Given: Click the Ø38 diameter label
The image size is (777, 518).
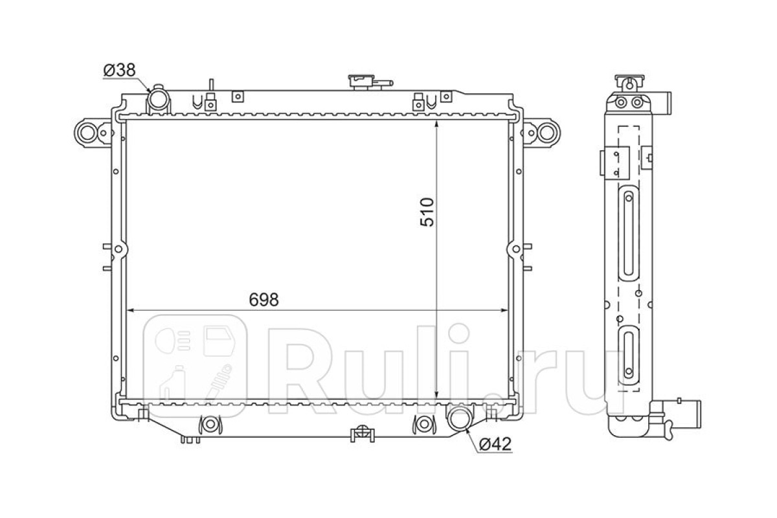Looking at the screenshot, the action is point(119,71).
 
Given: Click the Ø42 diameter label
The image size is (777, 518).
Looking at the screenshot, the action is point(495,444).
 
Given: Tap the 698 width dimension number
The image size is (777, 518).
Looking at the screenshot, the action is point(264,300).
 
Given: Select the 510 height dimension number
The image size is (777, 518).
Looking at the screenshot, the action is point(427,212).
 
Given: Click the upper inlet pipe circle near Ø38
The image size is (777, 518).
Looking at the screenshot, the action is point(158,99).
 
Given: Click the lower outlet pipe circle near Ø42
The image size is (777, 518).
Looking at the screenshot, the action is point(459,419).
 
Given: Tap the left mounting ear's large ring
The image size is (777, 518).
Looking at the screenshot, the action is point(87,133).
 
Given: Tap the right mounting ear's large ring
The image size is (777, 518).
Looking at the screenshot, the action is point(547,133).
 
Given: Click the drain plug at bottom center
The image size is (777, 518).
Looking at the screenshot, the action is point(362,433).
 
